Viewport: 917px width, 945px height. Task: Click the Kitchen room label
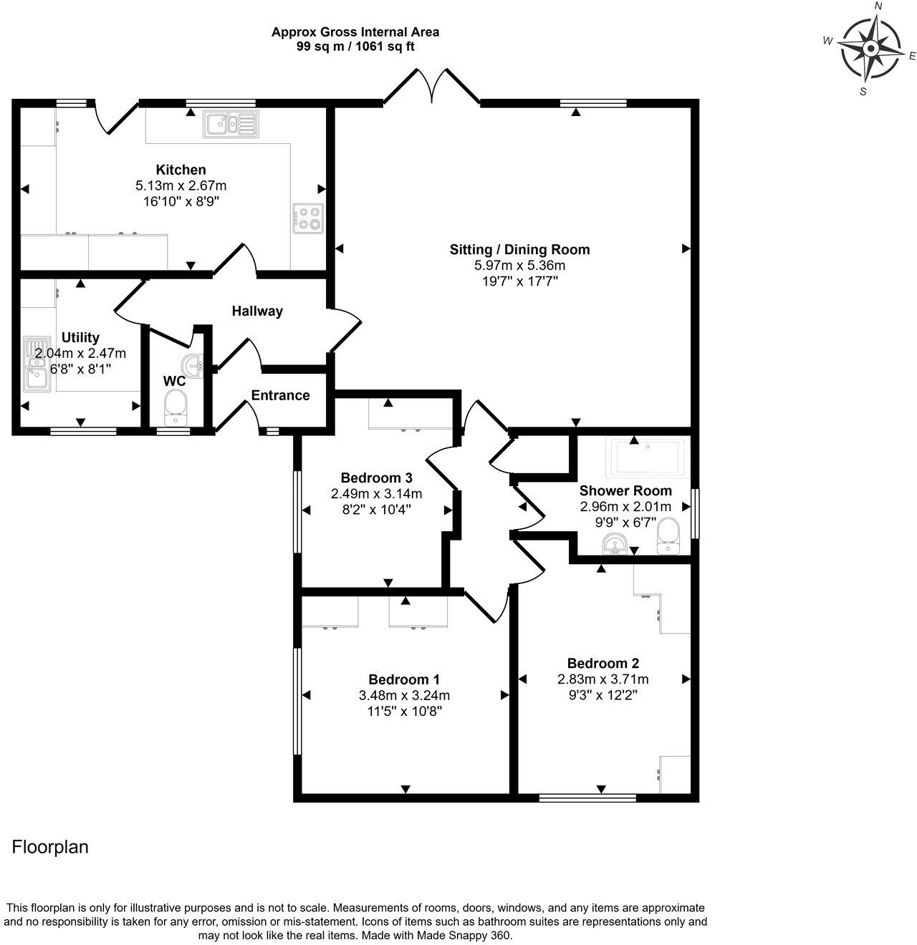181,170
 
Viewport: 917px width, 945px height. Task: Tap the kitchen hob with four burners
308,218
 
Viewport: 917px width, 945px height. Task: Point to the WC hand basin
193,364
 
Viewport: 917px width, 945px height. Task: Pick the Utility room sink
36,364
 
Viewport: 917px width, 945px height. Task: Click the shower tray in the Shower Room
648,457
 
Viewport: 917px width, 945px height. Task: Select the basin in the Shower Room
615,543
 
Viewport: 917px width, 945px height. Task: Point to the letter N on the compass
878,6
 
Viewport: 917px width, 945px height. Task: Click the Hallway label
257,311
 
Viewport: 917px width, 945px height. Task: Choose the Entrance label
280,395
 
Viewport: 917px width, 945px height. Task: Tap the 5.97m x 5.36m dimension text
519,266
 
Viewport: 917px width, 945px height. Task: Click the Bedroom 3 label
377,478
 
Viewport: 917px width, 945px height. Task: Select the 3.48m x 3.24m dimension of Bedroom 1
404,695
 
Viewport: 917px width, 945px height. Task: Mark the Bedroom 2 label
603,663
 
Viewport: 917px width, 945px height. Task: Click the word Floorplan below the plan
50,847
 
